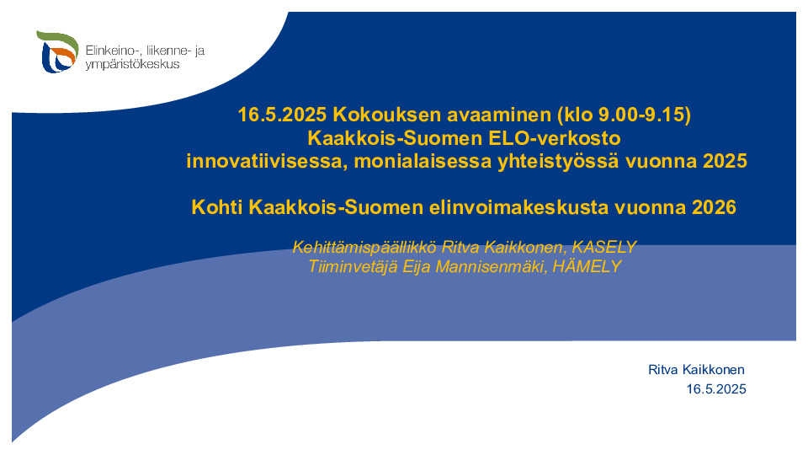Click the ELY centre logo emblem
point(57,51)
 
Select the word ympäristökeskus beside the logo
point(132,65)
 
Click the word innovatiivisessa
point(267,161)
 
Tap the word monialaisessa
point(423,161)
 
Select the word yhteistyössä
point(558,162)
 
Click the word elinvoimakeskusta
point(519,207)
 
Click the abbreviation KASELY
point(604,247)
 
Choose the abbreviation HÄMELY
point(587,266)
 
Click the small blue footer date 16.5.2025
point(716,389)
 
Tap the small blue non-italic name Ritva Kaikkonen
point(696,369)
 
